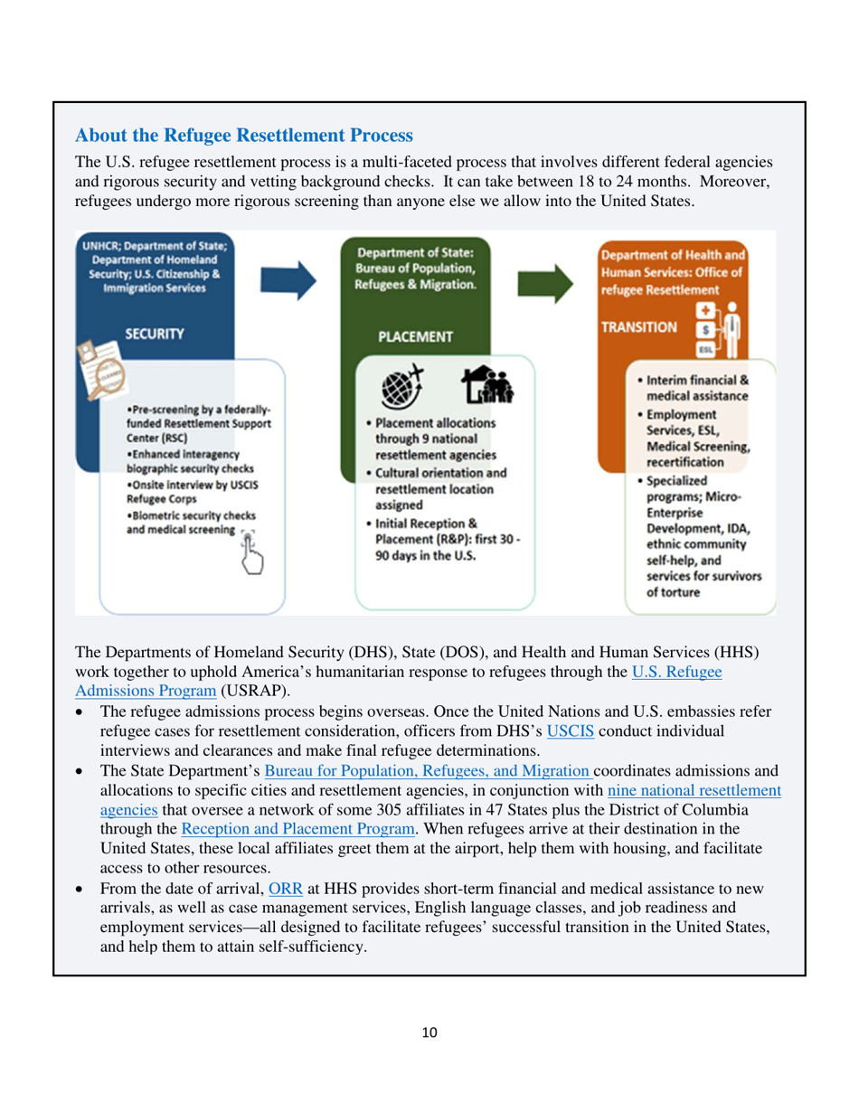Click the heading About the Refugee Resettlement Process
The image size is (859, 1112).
(x=243, y=136)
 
